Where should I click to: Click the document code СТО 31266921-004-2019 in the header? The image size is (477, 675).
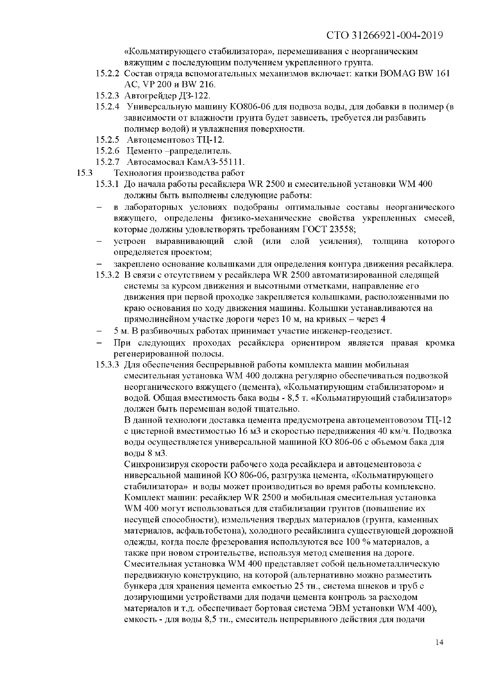pyautogui.click(x=385, y=36)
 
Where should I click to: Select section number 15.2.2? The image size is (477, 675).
pyautogui.click(x=107, y=74)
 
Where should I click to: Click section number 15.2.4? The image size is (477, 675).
pyautogui.click(x=107, y=107)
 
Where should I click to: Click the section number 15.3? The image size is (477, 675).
pyautogui.click(x=84, y=173)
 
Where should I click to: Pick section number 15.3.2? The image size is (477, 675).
pyautogui.click(x=107, y=275)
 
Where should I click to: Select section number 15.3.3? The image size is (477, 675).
pyautogui.click(x=107, y=365)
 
